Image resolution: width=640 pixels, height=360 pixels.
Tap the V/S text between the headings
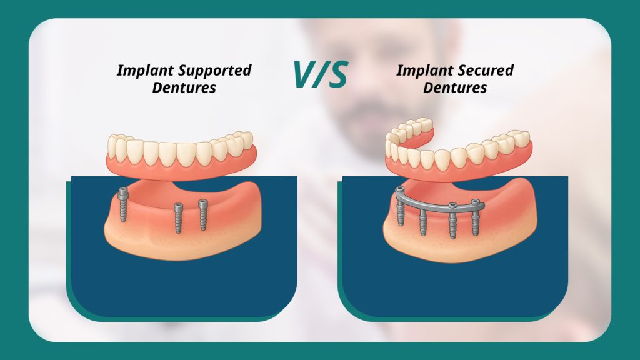321,74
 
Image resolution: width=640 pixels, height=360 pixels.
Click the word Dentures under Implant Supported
184,87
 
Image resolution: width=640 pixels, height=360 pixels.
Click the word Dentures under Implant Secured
455,87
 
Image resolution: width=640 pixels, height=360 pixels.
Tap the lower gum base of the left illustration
181,241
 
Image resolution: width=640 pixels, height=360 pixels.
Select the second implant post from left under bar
423,222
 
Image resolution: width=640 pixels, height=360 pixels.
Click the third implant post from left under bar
452,225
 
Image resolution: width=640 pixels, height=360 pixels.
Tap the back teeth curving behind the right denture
409,129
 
